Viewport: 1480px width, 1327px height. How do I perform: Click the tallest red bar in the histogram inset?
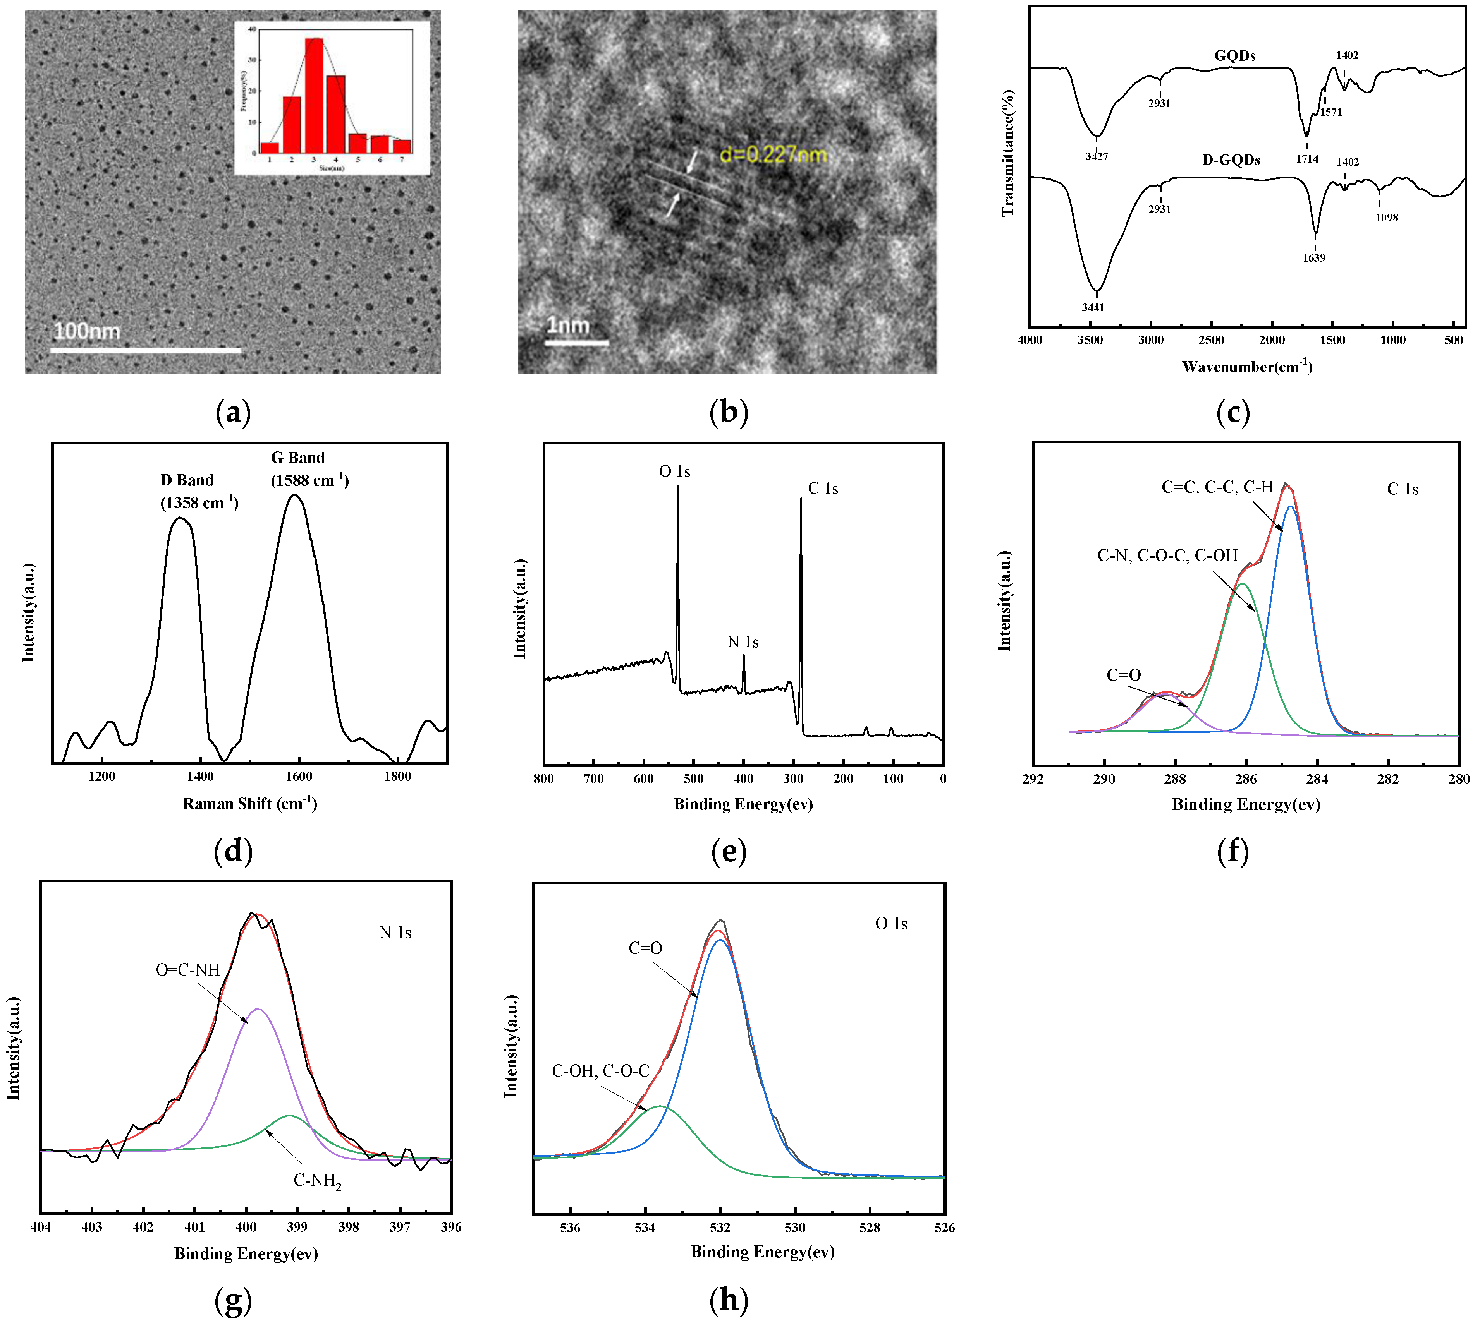coord(314,95)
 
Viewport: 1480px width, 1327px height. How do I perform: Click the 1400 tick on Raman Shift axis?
coord(201,777)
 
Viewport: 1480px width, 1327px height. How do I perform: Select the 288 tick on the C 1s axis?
coord(1174,779)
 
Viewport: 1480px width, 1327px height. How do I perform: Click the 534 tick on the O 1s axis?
coord(645,1227)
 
